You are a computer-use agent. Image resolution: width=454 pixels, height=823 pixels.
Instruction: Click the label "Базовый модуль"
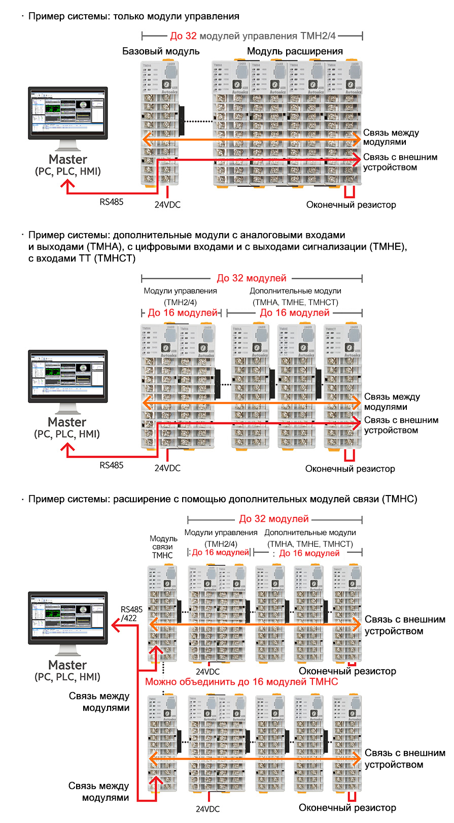[161, 51]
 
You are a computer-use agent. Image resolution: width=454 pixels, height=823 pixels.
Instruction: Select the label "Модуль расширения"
[295, 51]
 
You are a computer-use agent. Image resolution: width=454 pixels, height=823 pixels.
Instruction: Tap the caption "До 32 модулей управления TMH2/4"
[253, 36]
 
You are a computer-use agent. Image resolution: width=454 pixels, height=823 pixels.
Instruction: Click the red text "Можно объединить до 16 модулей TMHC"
[241, 682]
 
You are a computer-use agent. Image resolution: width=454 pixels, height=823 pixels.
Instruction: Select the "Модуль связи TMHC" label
[163, 547]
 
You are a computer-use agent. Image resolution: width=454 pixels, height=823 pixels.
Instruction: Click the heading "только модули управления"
[133, 16]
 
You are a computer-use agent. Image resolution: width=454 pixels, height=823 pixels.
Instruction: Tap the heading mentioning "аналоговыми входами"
[187, 235]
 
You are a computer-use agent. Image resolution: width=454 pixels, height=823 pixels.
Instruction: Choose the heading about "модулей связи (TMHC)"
[223, 499]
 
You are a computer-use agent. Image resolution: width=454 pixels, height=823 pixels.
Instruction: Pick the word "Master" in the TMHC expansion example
[67, 665]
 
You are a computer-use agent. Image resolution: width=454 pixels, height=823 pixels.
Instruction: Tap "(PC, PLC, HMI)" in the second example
[67, 434]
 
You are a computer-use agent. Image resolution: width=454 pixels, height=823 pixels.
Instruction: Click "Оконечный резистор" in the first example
[351, 205]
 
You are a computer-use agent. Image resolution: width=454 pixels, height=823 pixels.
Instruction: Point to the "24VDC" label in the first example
[167, 205]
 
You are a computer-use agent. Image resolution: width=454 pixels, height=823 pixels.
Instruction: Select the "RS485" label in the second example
[111, 465]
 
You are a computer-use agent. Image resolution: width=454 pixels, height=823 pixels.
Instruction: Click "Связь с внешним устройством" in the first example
[400, 162]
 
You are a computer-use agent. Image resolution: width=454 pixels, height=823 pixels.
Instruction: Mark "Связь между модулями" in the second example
[392, 402]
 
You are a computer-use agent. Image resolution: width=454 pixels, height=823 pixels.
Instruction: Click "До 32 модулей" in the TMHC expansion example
[274, 519]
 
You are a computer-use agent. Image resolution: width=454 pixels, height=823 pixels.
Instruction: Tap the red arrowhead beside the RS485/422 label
[116, 626]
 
